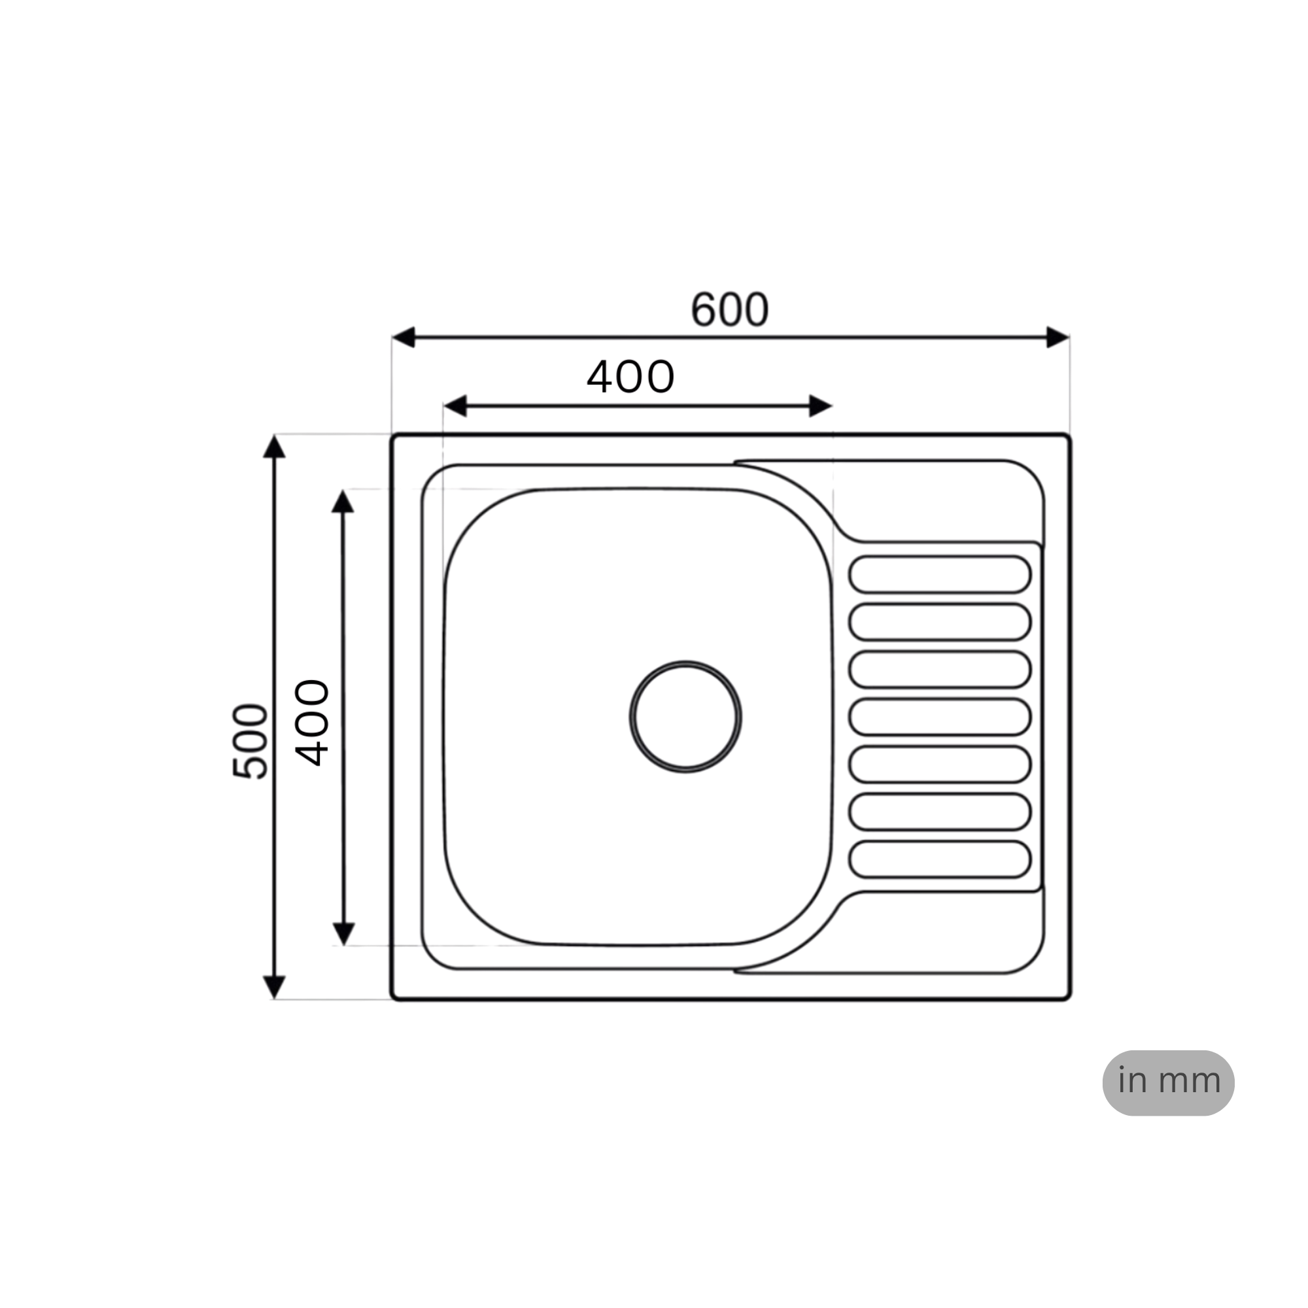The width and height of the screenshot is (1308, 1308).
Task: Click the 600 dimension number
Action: point(729,310)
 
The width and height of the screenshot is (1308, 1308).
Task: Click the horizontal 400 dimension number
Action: point(630,377)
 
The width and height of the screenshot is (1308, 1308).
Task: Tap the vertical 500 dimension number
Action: point(250,742)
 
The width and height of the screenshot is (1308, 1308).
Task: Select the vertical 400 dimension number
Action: point(313,723)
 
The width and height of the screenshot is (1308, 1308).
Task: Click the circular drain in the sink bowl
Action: point(685,717)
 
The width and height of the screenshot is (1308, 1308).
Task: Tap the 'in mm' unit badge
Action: point(1168,1082)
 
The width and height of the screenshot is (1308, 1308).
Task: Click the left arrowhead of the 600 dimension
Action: point(404,337)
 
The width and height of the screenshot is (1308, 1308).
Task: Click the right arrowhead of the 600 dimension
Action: point(1057,337)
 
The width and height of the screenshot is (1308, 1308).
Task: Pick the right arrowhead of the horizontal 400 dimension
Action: point(820,406)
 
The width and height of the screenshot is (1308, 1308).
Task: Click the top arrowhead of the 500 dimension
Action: point(274,447)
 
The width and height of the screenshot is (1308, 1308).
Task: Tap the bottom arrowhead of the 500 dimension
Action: point(274,986)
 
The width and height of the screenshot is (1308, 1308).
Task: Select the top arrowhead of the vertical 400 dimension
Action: point(343,502)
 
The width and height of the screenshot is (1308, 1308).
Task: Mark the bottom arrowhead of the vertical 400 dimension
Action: point(344,934)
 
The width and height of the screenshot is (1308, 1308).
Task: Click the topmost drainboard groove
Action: point(940,575)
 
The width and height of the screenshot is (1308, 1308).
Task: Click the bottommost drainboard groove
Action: point(940,860)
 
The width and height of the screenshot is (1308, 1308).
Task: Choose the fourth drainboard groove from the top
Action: point(940,717)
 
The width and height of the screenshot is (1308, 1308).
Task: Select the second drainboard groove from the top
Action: point(940,622)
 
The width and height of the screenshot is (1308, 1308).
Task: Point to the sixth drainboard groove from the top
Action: point(940,812)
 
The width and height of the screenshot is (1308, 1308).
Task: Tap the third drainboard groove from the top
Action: point(940,670)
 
